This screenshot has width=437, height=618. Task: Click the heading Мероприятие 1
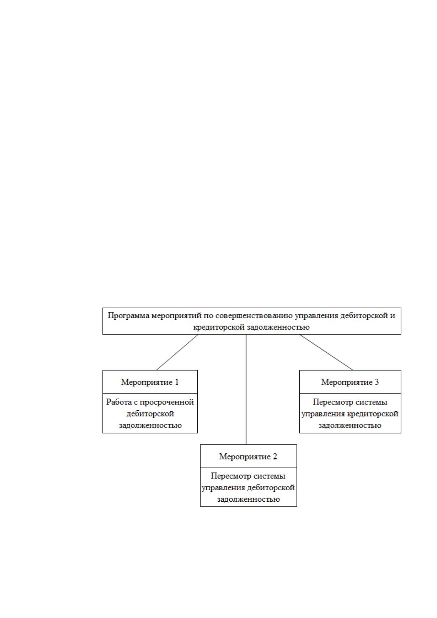click(x=150, y=382)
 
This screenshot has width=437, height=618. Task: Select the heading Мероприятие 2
click(x=248, y=457)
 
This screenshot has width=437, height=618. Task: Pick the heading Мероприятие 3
click(x=350, y=382)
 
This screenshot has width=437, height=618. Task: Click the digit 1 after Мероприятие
click(x=176, y=382)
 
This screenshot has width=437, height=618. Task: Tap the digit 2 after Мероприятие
click(x=275, y=457)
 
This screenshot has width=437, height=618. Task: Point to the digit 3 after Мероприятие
click(x=376, y=382)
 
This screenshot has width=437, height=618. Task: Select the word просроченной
click(x=167, y=403)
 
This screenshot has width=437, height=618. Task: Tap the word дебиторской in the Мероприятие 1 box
click(x=150, y=414)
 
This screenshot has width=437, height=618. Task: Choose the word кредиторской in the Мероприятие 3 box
click(x=373, y=414)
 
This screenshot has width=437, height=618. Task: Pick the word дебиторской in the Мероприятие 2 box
click(x=271, y=488)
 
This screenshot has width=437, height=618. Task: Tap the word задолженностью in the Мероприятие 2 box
click(x=248, y=499)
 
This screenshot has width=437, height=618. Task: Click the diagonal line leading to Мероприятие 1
click(x=177, y=352)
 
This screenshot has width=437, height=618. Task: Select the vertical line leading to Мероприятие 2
click(x=246, y=389)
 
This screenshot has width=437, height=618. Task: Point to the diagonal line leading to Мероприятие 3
click(x=326, y=352)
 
